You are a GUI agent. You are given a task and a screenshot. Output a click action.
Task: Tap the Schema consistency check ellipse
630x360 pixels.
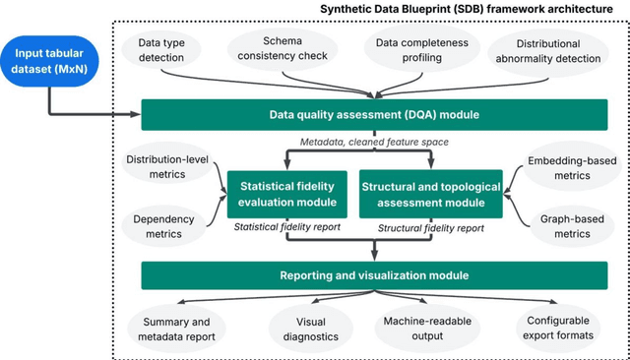click(283, 49)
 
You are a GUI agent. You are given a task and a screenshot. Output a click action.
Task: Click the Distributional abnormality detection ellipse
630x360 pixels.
click(546, 50)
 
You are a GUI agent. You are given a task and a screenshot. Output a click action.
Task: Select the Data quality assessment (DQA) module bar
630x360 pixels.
click(374, 115)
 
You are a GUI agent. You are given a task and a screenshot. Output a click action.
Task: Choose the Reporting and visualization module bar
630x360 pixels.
click(374, 274)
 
